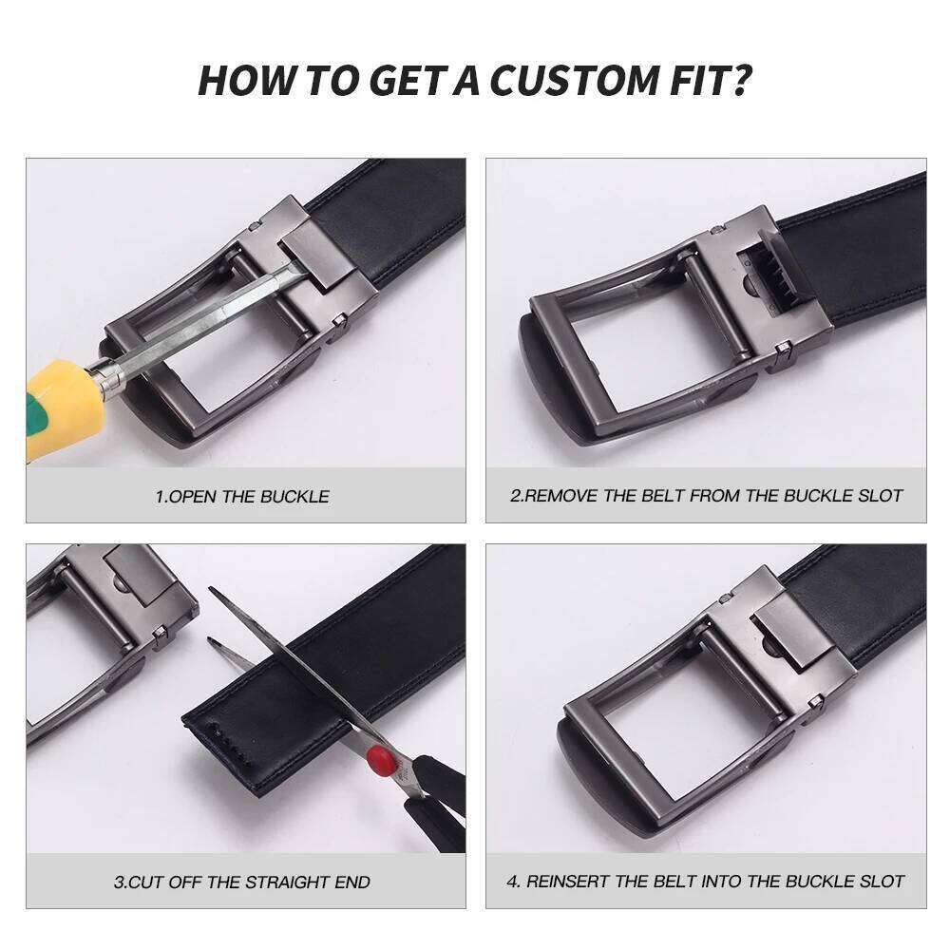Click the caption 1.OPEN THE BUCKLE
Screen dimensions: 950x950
(x=242, y=496)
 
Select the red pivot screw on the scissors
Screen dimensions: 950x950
(x=381, y=757)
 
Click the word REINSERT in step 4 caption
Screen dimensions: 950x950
(x=572, y=882)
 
